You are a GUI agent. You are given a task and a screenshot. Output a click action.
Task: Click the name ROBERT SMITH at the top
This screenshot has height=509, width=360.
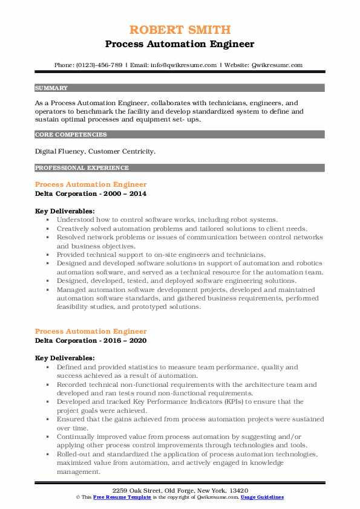180,30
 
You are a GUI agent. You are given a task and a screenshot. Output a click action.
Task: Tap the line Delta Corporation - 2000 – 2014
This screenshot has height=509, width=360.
91,193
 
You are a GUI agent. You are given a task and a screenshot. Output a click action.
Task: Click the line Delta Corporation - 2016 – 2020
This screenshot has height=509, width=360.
91,340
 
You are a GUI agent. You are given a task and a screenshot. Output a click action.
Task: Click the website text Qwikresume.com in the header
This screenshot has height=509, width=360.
278,65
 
